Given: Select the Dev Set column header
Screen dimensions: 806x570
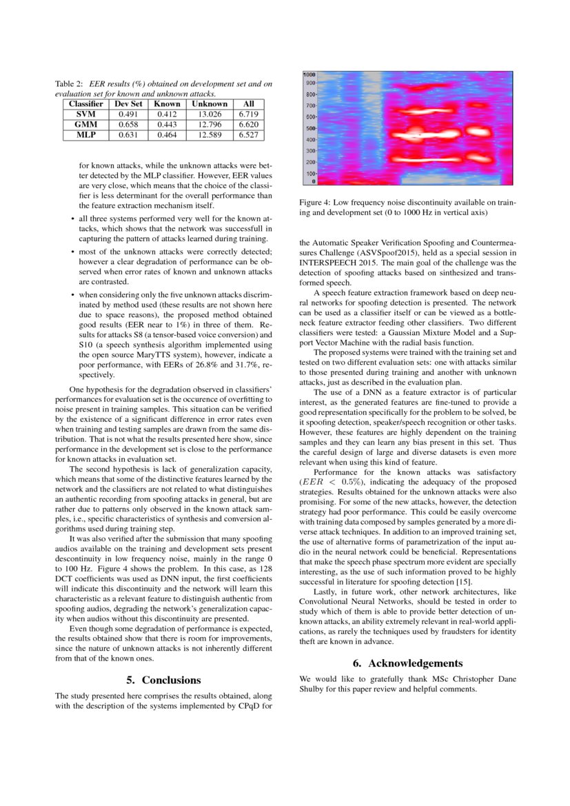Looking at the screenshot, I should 128,103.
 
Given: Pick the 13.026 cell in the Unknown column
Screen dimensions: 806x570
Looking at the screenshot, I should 210,114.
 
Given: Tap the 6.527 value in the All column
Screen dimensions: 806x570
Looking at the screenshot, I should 248,135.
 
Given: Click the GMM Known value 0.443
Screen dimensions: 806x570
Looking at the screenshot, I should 167,124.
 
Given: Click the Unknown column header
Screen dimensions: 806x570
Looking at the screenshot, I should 210,103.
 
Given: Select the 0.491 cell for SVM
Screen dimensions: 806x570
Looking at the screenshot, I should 128,114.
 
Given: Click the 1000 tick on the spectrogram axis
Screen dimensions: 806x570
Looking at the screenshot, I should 309,74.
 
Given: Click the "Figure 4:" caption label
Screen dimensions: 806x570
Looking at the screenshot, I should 314,203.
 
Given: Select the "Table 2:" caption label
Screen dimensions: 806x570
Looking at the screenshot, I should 69,84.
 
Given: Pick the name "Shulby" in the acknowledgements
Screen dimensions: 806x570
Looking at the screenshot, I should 312,689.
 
